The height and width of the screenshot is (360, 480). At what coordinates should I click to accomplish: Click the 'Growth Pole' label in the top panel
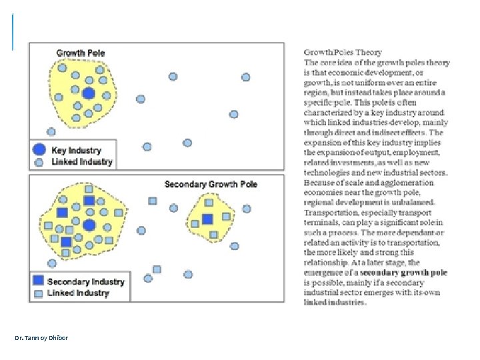[81, 53]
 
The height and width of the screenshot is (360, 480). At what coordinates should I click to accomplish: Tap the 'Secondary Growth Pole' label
[211, 184]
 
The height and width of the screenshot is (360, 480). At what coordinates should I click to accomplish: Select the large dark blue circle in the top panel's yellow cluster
[89, 93]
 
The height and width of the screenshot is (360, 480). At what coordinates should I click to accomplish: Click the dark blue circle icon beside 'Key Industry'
[39, 150]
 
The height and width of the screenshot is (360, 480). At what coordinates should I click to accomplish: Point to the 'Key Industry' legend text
[77, 151]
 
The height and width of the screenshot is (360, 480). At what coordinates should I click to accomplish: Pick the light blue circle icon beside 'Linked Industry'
[39, 162]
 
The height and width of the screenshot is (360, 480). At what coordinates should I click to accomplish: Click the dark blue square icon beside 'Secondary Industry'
[39, 281]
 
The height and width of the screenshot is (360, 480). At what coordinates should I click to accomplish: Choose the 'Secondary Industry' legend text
[86, 281]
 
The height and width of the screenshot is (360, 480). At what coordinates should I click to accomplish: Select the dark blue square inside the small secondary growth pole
[207, 219]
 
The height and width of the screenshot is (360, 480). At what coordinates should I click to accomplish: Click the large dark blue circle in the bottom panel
[89, 225]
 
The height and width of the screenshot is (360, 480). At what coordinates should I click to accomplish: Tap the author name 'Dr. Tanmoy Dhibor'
[41, 337]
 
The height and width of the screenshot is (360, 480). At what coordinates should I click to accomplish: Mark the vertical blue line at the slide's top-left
[13, 32]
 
